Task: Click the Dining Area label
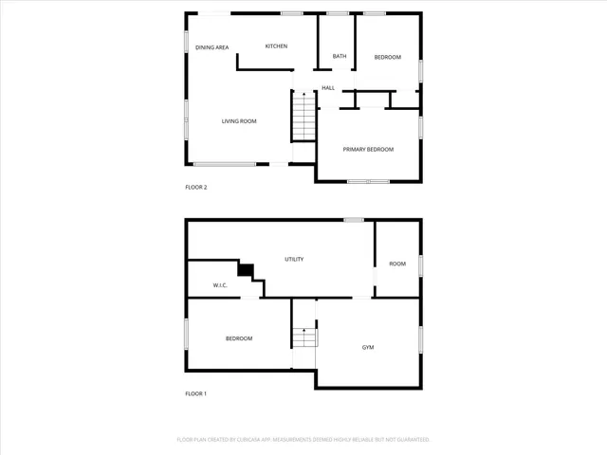tap(212, 47)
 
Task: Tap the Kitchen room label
tap(276, 46)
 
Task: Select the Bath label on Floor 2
tap(339, 57)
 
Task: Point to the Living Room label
tap(239, 121)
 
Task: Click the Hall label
tap(328, 88)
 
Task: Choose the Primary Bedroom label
tap(368, 150)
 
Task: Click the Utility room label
tap(294, 259)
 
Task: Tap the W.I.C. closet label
tap(219, 285)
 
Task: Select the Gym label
tap(368, 348)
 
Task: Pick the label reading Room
tap(397, 264)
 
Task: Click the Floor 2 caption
tap(195, 188)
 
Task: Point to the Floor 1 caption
tap(195, 393)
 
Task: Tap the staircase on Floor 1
tap(303, 337)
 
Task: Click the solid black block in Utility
tap(247, 270)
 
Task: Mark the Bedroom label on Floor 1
tap(239, 338)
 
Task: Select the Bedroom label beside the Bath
tap(387, 57)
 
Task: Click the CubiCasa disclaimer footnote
tap(303, 440)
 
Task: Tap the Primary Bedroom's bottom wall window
tap(367, 181)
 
